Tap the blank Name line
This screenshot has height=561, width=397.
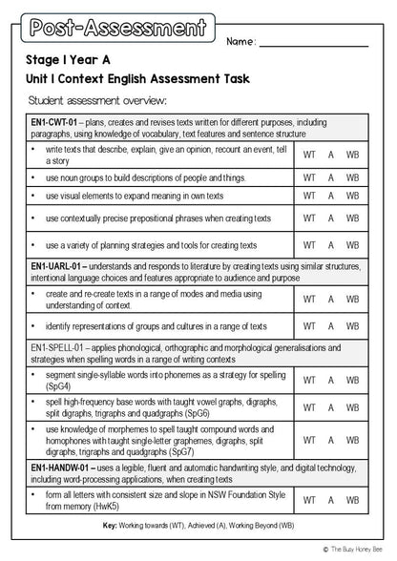click(313, 44)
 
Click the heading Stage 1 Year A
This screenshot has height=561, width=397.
click(73, 59)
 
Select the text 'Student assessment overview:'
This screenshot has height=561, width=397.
click(97, 100)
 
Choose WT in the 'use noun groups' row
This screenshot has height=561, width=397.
click(310, 177)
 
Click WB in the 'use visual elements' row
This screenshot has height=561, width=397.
click(352, 196)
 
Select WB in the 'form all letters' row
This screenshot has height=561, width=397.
click(352, 500)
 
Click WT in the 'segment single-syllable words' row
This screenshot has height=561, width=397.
click(310, 381)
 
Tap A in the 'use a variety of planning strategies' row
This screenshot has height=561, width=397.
click(331, 245)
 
